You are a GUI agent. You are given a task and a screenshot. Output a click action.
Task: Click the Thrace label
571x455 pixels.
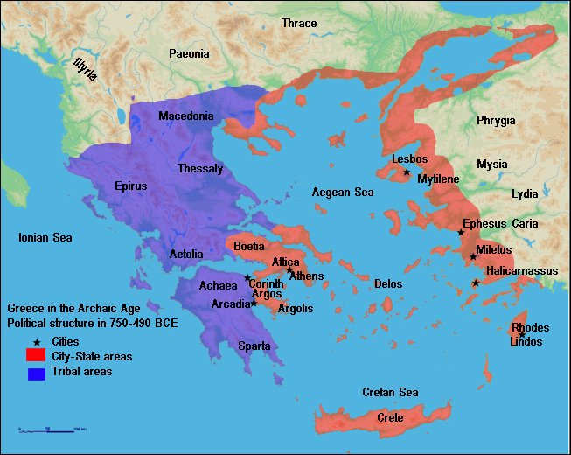coord(299,23)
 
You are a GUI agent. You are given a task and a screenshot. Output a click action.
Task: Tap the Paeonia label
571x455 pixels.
coord(189,54)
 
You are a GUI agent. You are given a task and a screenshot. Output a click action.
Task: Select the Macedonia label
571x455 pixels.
coord(185,116)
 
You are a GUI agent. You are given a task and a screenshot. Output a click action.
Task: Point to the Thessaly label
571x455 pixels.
coord(200,168)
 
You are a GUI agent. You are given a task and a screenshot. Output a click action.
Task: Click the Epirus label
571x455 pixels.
coord(130,185)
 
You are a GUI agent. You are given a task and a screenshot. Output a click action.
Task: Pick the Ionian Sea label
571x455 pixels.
coord(45,237)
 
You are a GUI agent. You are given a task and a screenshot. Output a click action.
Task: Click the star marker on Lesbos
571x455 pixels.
coord(407,171)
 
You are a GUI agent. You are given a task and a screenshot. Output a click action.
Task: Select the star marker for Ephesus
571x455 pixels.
coord(461,233)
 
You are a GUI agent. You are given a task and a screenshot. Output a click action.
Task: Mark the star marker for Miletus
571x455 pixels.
coord(473,256)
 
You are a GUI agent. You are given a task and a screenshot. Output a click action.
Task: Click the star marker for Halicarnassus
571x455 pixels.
coord(476,283)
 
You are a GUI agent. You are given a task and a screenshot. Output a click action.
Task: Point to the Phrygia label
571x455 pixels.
coord(496,120)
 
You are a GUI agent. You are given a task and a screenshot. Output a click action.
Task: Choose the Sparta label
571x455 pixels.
coord(254,346)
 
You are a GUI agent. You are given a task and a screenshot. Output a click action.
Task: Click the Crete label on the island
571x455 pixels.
coord(390,418)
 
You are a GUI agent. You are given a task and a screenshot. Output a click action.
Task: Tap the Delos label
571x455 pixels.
coord(388,283)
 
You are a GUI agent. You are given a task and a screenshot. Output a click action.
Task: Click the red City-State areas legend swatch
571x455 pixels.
coord(35,355)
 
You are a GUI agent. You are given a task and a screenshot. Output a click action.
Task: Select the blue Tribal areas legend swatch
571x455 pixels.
coord(35,373)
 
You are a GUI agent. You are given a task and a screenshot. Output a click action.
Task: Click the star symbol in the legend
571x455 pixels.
coord(36,341)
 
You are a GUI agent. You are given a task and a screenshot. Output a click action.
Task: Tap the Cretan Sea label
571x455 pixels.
coord(390,392)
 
